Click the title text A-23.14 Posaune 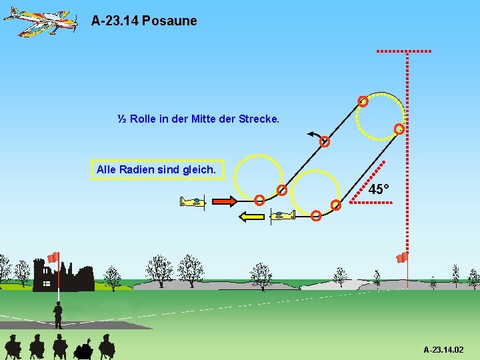point(144,21)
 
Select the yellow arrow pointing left point(251,216)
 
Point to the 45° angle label point(378,190)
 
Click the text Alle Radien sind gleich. point(156,170)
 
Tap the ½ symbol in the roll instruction point(122,119)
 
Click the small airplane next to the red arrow point(193,201)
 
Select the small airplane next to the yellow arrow point(282,215)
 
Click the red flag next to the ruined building point(53,257)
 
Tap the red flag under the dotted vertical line point(401,257)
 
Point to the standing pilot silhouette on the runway point(58,315)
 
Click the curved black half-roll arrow point(314,135)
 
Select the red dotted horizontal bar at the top point(404,51)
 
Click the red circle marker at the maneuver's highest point point(363,102)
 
